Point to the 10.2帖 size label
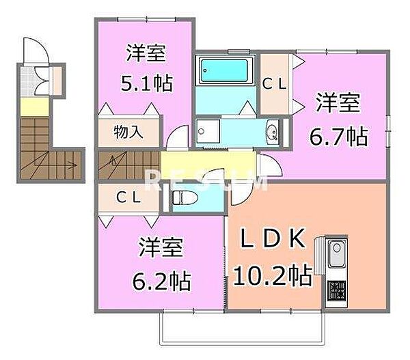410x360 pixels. (273, 277)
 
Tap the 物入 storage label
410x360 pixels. (128, 131)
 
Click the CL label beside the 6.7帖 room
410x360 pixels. (275, 83)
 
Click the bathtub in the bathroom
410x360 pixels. (224, 71)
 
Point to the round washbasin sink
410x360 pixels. (273, 133)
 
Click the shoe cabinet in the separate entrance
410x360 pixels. (55, 79)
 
